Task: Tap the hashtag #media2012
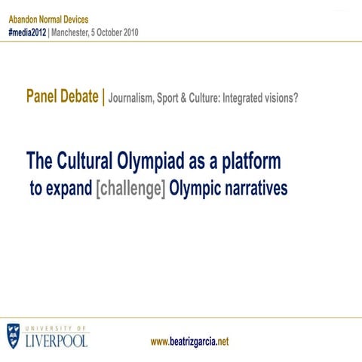point(27,32)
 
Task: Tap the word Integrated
point(241,99)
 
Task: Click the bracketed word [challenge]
point(131,189)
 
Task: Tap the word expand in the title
point(69,189)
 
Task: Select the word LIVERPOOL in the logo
point(57,340)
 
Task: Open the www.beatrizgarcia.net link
point(190,342)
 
